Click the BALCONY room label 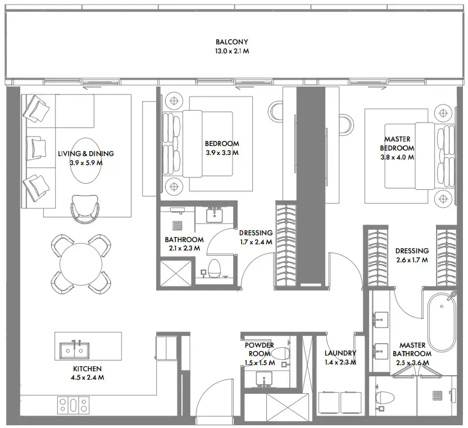[x=231, y=42]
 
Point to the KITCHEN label [x=87, y=368]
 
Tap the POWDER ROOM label [x=260, y=349]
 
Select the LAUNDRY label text [x=340, y=353]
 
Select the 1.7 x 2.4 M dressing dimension [x=256, y=242]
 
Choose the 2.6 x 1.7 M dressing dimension [x=411, y=260]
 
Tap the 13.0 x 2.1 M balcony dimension [x=231, y=51]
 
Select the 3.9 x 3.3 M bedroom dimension [x=222, y=152]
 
